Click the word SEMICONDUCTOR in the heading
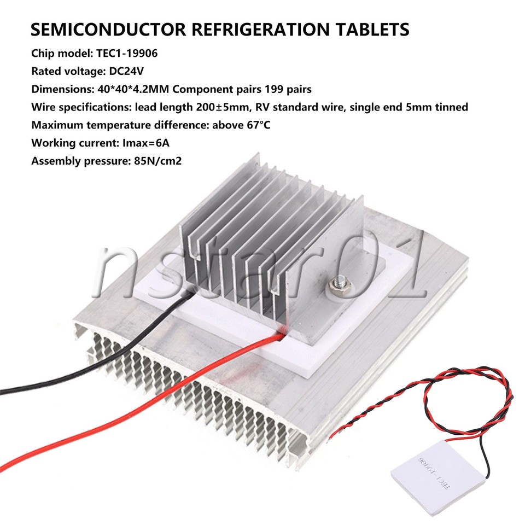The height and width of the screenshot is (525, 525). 108,29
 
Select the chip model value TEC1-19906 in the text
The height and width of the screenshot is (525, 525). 127,53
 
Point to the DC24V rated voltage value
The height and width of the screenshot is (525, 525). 126,71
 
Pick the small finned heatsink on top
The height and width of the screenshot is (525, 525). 271,241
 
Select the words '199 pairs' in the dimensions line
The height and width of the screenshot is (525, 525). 288,89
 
